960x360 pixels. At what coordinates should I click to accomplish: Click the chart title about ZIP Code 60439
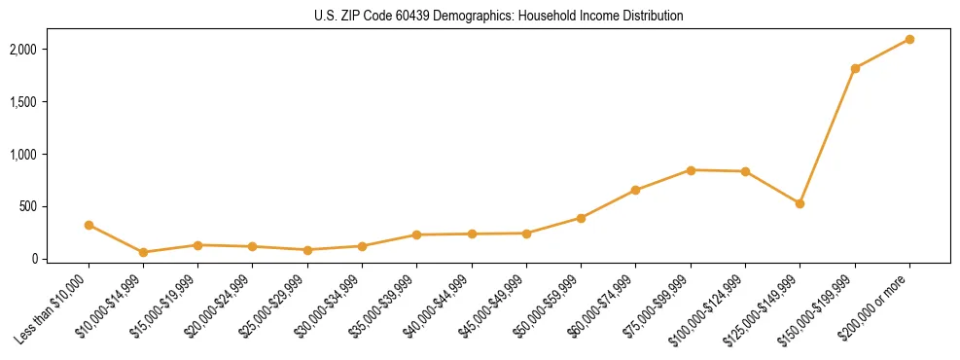click(x=499, y=17)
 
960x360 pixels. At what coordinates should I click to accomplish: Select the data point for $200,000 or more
click(x=909, y=39)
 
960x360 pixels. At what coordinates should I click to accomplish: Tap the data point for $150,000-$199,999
click(x=855, y=68)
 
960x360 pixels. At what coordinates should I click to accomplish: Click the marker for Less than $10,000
click(x=89, y=225)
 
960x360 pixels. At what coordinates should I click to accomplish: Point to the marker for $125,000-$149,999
click(x=800, y=203)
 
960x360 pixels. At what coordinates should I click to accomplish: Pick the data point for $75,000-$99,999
click(x=691, y=170)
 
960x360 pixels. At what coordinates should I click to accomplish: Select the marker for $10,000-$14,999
click(x=143, y=252)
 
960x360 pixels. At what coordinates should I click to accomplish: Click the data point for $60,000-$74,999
click(x=635, y=190)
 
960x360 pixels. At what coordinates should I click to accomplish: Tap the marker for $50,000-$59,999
click(x=581, y=218)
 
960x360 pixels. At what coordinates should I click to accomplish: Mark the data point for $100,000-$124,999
click(x=745, y=171)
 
